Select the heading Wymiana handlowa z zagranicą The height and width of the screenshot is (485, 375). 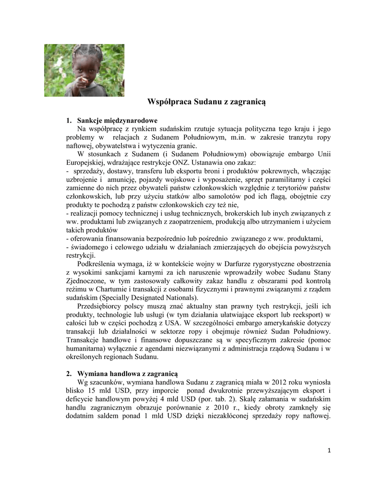coord(128,374)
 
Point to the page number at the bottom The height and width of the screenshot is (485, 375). coord(329,450)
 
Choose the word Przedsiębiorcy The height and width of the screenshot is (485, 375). coord(101,306)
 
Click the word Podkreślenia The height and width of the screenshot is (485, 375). coord(99,264)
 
